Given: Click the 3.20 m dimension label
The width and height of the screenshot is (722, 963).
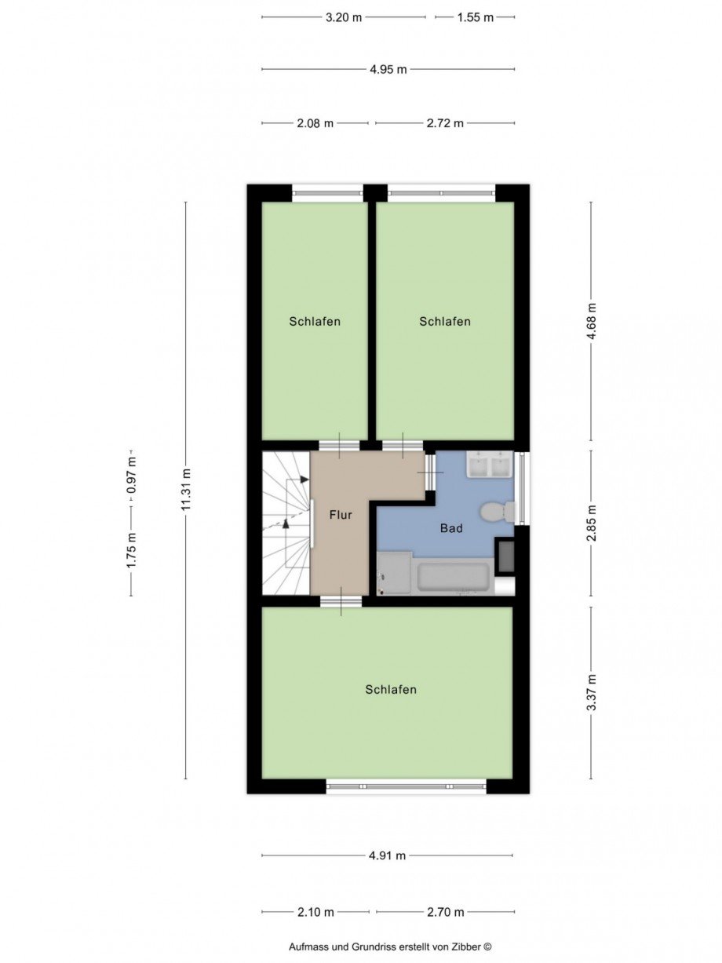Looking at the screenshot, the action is [344, 17].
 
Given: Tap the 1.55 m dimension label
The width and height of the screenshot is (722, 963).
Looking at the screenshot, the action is [476, 17].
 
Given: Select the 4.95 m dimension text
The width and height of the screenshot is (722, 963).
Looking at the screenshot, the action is [388, 69].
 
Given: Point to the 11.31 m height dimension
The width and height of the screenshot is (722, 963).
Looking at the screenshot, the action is [187, 489].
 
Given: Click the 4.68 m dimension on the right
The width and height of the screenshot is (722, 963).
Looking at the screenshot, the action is [592, 321].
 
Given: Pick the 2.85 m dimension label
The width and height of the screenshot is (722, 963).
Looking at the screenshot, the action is [592, 523].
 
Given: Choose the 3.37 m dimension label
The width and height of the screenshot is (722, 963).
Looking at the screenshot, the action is [592, 692].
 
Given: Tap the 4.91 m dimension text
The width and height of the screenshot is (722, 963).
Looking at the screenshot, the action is [388, 855].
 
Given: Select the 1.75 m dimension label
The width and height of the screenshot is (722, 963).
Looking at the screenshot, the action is [132, 551].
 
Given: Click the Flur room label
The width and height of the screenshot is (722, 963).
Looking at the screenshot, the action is [341, 515].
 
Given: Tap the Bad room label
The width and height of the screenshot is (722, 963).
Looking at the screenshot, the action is [451, 528].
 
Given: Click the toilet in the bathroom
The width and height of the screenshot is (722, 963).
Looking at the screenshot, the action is [498, 511].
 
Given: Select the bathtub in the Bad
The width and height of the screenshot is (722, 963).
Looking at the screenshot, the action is [453, 577].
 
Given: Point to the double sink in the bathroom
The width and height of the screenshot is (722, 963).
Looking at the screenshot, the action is [490, 464].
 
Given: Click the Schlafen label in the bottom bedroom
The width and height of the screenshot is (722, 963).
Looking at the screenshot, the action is [391, 690].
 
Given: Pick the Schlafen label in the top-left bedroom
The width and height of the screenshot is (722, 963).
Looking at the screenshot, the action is [315, 322].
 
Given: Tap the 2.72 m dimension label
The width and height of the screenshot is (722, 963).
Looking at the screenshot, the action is [445, 123].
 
